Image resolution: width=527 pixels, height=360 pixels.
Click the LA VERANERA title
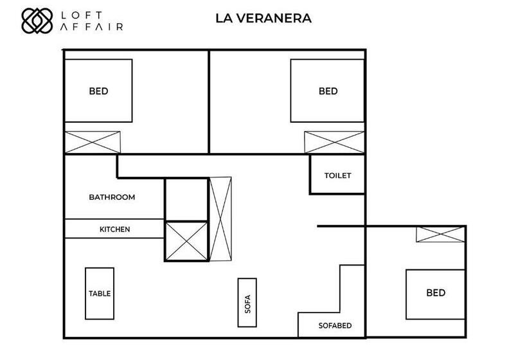tap(263, 18)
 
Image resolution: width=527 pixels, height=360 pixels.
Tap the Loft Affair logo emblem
tap(37, 21)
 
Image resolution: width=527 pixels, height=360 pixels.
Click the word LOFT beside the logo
tap(82, 15)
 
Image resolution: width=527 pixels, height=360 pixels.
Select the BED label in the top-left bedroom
tap(98, 91)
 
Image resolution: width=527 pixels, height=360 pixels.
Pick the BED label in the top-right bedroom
tap(328, 91)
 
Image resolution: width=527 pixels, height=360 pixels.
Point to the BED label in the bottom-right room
tap(436, 292)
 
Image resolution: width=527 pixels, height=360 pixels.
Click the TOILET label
tap(338, 175)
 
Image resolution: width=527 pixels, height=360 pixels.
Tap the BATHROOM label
tap(112, 197)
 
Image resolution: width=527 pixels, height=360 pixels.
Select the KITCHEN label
tap(114, 230)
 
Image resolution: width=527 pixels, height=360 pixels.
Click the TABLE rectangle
tap(100, 293)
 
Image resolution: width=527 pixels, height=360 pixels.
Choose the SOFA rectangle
tap(247, 303)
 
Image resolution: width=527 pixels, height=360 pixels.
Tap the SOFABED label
tap(335, 326)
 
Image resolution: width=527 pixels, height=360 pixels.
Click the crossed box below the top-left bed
tap(93, 142)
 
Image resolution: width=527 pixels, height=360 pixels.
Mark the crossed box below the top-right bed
tap(334, 142)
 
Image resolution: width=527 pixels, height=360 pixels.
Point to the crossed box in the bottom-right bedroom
tap(440, 234)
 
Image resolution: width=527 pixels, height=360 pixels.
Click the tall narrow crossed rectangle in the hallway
tap(220, 219)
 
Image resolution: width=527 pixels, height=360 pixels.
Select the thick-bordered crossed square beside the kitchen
tap(186, 241)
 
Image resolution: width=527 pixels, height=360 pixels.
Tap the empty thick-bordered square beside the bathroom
tap(186, 199)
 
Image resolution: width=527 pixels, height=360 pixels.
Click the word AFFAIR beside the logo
tap(91, 27)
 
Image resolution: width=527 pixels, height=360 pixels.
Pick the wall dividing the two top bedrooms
tap(209, 102)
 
